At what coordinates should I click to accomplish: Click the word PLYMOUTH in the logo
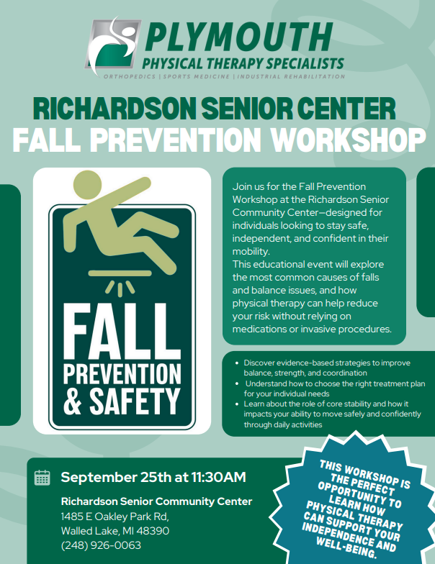[239, 37]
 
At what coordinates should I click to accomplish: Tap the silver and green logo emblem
[113, 45]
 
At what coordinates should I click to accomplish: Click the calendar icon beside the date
[42, 478]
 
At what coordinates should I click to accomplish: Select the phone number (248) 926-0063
[101, 545]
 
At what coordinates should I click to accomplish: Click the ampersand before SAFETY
[73, 401]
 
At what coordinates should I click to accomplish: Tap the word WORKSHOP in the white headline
[348, 140]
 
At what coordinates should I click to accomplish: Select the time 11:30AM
[219, 478]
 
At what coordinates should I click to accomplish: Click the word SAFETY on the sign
[134, 401]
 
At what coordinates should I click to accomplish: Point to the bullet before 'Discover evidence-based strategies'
[236, 363]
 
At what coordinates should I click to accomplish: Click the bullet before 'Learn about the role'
[236, 404]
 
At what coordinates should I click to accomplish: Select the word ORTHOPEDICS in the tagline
[130, 76]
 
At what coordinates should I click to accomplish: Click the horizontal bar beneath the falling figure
[120, 273]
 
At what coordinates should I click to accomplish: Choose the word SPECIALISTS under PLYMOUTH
[305, 63]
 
